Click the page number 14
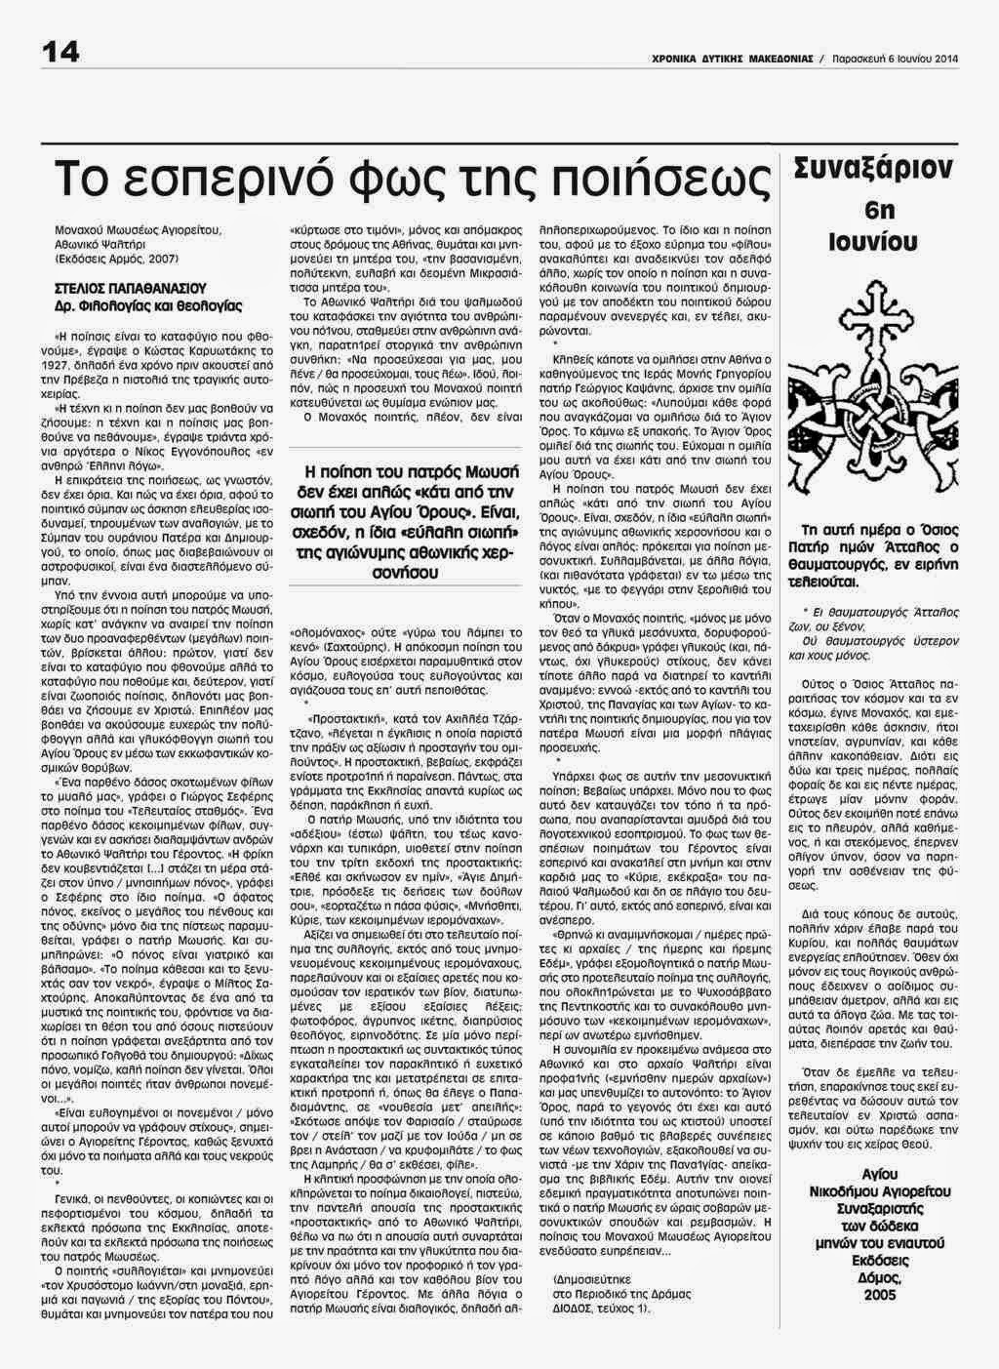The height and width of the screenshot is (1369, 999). (60, 54)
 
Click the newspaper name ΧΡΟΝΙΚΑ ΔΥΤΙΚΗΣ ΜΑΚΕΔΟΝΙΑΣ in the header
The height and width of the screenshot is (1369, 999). (733, 60)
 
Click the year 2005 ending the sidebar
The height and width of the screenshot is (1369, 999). (878, 1294)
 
